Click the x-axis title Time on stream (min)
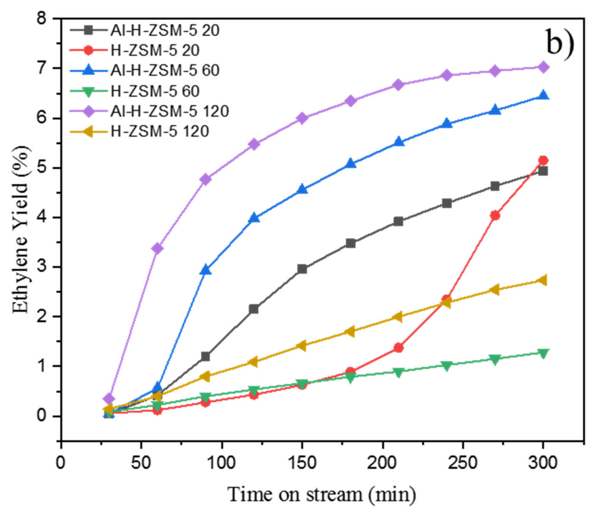pyautogui.click(x=322, y=494)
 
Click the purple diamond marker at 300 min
pyautogui.click(x=543, y=67)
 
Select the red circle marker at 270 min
pyautogui.click(x=495, y=216)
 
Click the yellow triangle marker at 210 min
pyautogui.click(x=398, y=317)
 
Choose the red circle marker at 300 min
pyautogui.click(x=543, y=160)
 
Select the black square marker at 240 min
pyautogui.click(x=447, y=203)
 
